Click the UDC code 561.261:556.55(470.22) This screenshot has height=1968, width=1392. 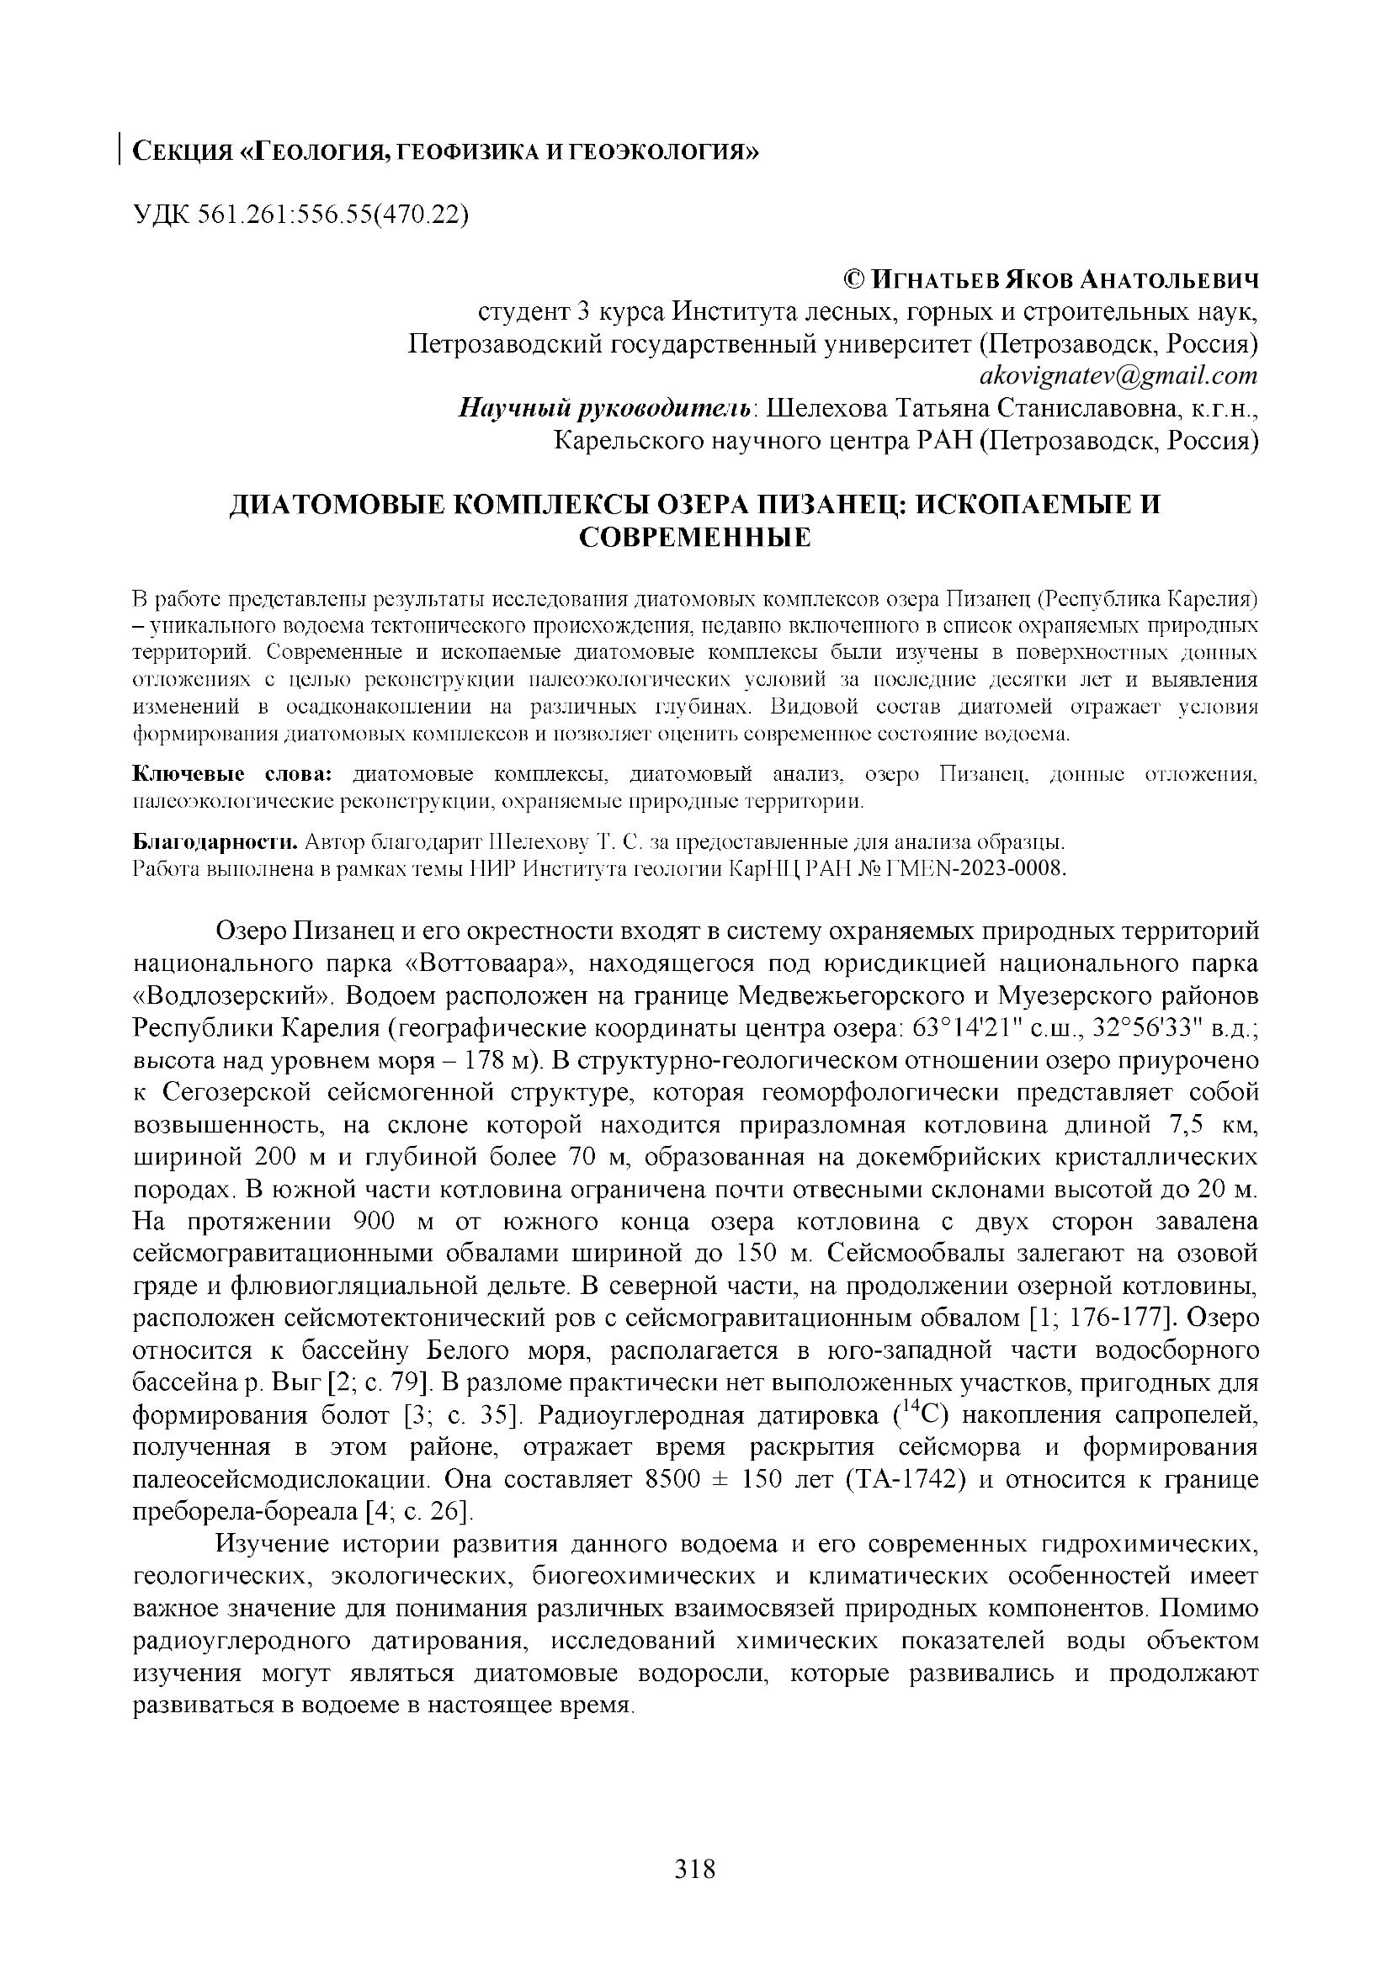point(335,214)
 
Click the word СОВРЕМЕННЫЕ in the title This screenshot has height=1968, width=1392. point(695,538)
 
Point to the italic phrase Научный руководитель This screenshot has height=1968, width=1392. point(606,408)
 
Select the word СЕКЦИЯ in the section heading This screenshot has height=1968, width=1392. point(182,152)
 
